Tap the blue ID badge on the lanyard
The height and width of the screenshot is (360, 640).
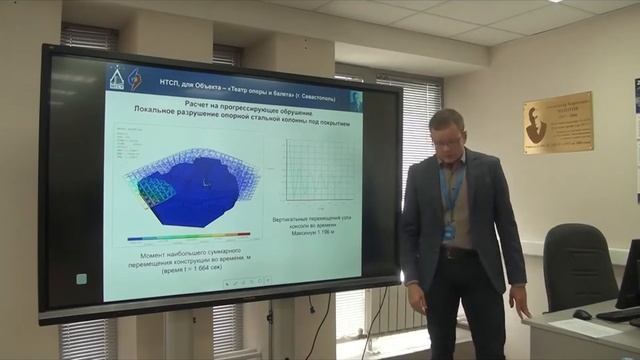point(449,231)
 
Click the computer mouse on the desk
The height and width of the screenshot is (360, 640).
point(582,314)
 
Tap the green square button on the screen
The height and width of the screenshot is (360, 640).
point(81,279)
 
